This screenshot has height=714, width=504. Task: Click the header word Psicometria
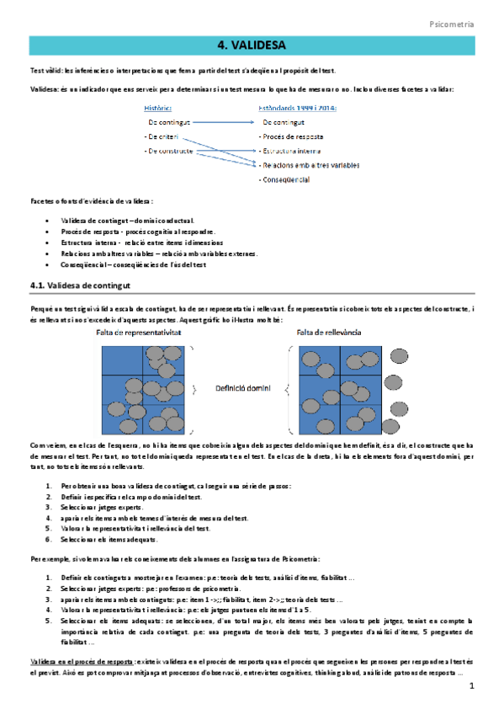[452, 25]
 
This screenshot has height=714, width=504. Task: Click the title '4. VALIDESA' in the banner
[252, 45]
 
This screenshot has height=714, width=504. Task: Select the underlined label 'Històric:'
[159, 108]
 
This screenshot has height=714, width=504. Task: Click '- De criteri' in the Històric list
[162, 136]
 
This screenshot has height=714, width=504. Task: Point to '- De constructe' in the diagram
[168, 151]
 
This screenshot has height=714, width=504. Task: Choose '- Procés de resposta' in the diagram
[291, 136]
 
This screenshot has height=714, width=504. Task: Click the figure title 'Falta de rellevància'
[329, 333]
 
